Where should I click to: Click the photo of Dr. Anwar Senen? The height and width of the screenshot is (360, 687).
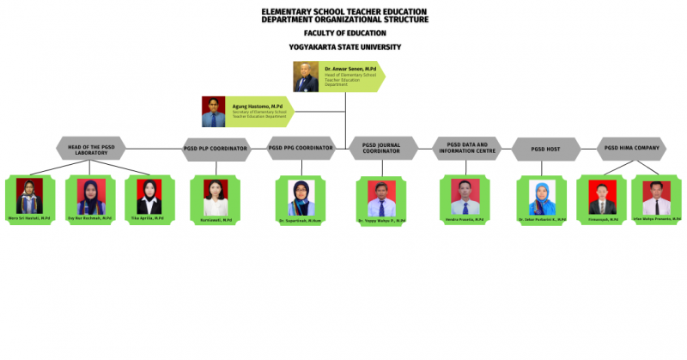[307, 78]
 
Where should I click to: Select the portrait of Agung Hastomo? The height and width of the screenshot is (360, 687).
[214, 112]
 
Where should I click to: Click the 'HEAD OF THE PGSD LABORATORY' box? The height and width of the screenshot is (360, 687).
[91, 149]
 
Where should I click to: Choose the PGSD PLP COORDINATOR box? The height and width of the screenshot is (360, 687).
[216, 149]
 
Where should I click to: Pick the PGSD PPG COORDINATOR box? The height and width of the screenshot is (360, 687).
[301, 148]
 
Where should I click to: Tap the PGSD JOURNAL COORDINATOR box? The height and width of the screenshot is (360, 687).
[382, 148]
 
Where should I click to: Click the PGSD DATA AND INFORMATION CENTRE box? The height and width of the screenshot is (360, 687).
[466, 148]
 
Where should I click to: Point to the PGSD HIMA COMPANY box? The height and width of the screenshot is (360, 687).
[631, 148]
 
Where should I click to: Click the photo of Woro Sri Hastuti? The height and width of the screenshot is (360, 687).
[29, 196]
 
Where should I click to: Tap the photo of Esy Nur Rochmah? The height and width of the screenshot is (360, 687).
[90, 196]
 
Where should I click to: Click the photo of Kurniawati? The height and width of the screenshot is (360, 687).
[216, 197]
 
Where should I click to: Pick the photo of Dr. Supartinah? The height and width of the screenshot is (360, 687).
[301, 197]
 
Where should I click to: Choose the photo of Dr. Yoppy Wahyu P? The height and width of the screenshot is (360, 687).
[382, 197]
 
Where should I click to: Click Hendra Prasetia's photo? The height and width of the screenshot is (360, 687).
[465, 196]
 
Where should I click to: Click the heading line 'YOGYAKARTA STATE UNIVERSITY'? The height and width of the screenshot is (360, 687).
[344, 46]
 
